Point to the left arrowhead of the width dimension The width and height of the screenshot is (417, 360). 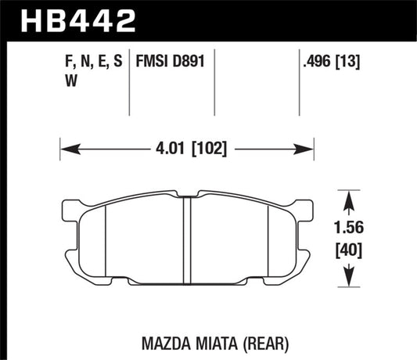[66, 146]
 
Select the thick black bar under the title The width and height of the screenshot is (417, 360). [208, 39]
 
